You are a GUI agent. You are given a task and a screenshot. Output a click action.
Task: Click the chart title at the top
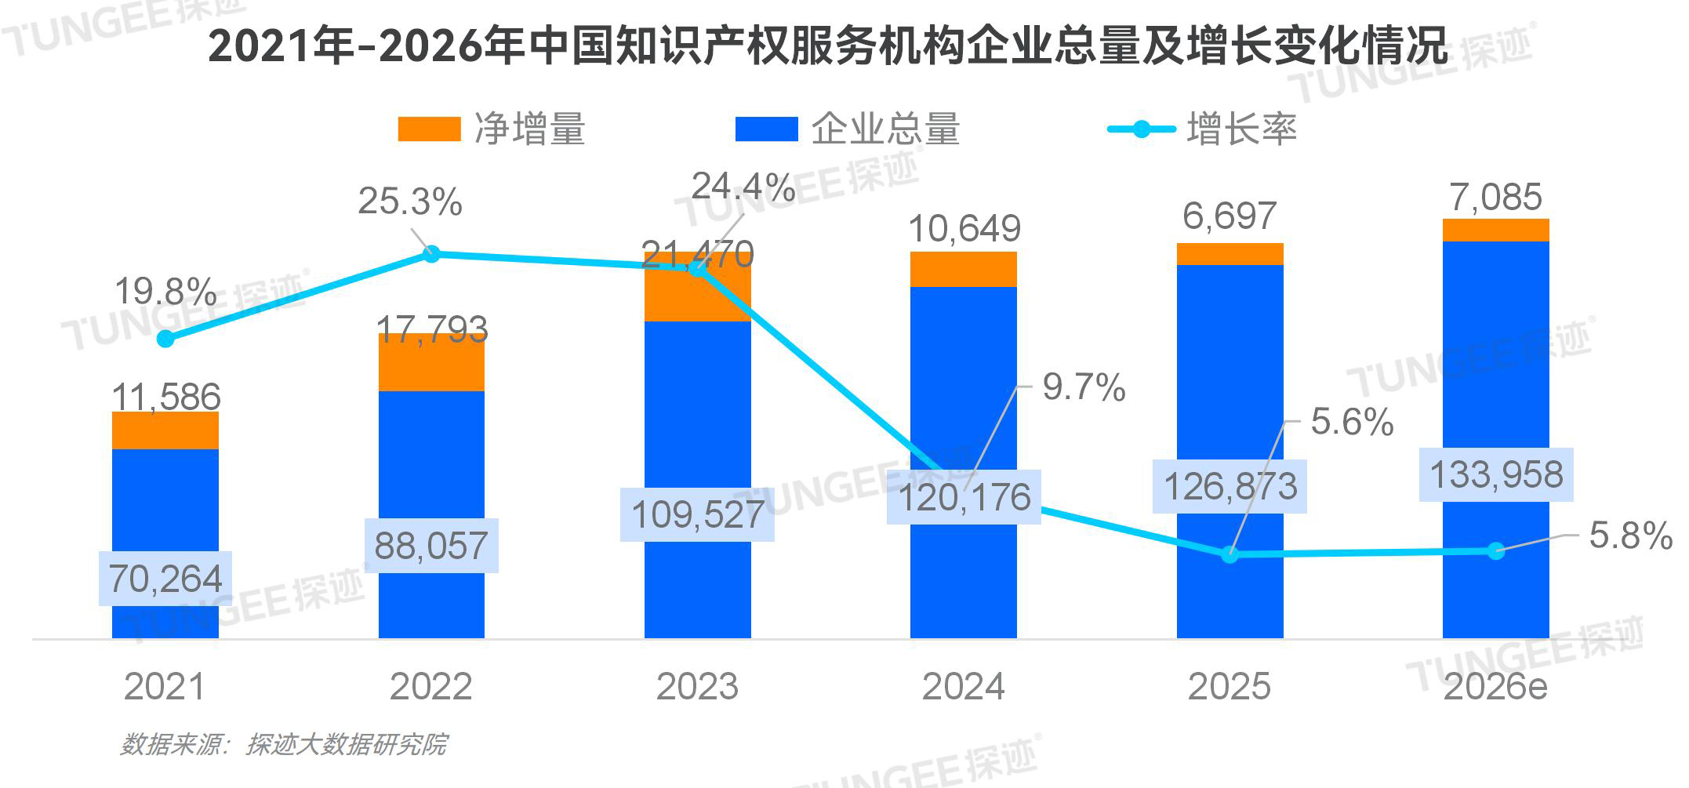(x=827, y=45)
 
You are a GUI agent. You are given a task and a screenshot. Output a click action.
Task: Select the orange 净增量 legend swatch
(x=429, y=129)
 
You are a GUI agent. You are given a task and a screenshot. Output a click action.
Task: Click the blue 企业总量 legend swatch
(x=766, y=129)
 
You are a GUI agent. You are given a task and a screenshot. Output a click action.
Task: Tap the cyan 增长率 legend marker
(x=1142, y=129)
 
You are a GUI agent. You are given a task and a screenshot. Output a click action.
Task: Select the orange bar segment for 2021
(x=165, y=430)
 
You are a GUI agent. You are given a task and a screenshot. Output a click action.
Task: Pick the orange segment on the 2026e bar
(x=1495, y=230)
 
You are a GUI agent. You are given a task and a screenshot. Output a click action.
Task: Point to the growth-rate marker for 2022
(x=431, y=254)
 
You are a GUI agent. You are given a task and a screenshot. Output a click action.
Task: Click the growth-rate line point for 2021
(x=165, y=339)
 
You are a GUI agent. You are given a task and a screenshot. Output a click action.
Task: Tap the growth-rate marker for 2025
(x=1230, y=554)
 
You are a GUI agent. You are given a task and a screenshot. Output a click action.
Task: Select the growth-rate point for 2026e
(x=1495, y=550)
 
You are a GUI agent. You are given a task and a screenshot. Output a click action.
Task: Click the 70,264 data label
(x=165, y=579)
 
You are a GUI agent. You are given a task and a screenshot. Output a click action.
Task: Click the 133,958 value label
(x=1495, y=475)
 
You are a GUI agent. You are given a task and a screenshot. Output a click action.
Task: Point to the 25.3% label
(x=409, y=202)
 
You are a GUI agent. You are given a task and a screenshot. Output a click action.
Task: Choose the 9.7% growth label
(x=1084, y=387)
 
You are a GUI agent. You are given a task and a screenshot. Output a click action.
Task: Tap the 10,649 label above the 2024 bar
(x=964, y=229)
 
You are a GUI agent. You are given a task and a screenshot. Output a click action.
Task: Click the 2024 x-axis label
(x=963, y=687)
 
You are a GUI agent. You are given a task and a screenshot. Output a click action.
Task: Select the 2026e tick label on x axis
(x=1495, y=687)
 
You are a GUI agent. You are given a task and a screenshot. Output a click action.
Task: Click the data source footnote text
(x=284, y=743)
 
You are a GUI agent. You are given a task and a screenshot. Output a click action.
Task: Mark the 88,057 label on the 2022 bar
(x=431, y=546)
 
